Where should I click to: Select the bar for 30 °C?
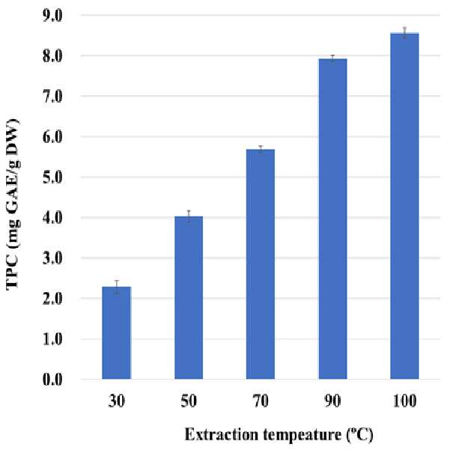coord(117,333)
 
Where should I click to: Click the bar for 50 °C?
coord(189,297)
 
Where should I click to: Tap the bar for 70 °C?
coord(261,264)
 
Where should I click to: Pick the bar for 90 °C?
coord(333,219)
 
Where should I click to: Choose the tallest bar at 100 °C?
coord(404,206)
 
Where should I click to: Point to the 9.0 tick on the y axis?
coord(52,16)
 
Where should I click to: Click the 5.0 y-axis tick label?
coord(52,177)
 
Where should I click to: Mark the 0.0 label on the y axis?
coord(52,380)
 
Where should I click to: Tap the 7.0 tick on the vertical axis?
coord(52,97)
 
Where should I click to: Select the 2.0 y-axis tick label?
coord(52,299)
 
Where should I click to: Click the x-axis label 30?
coord(117,401)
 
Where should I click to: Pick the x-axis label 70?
coord(261,401)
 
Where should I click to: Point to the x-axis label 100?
coord(404,401)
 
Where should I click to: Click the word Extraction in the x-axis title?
coord(222,434)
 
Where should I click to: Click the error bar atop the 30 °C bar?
coord(117,287)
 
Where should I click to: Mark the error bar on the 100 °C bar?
coord(404,33)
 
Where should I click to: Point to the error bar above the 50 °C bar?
coord(189,216)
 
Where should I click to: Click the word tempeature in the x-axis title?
coord(302,435)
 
